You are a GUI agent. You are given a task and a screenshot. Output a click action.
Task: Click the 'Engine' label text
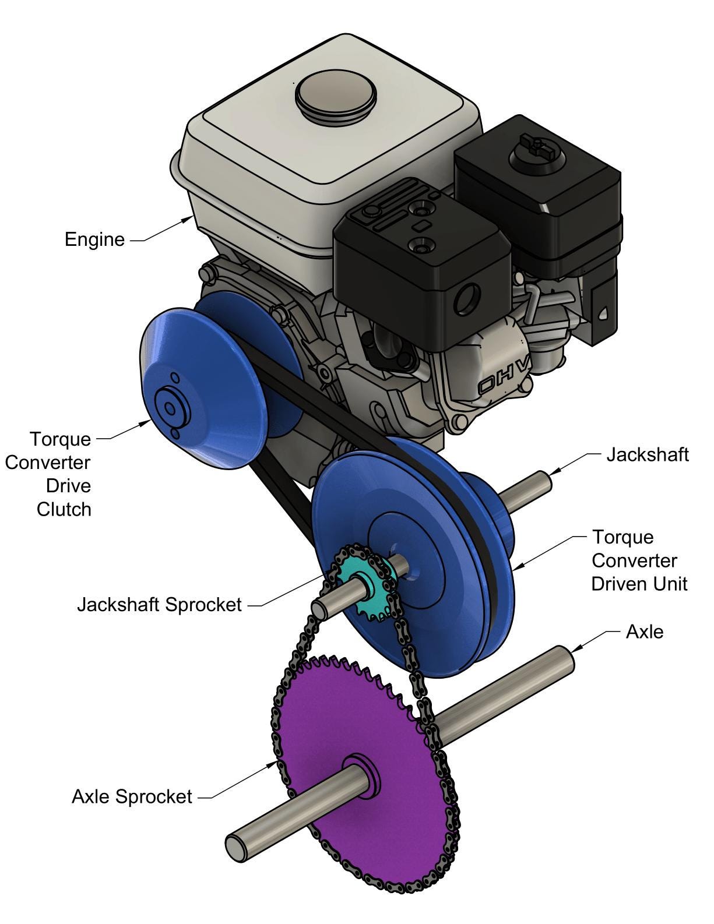pos(94,239)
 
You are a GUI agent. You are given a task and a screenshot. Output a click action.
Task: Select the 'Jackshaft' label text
pos(647,454)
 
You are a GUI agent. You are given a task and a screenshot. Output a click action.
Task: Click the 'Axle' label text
pos(644,632)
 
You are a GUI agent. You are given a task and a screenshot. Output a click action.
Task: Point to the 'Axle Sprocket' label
pos(132,796)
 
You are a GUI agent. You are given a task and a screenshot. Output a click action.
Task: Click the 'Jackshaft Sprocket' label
pos(159,605)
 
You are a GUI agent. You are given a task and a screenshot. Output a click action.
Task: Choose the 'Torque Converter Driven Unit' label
pos(639,560)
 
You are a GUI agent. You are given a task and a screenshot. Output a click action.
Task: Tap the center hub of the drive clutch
pos(169,408)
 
